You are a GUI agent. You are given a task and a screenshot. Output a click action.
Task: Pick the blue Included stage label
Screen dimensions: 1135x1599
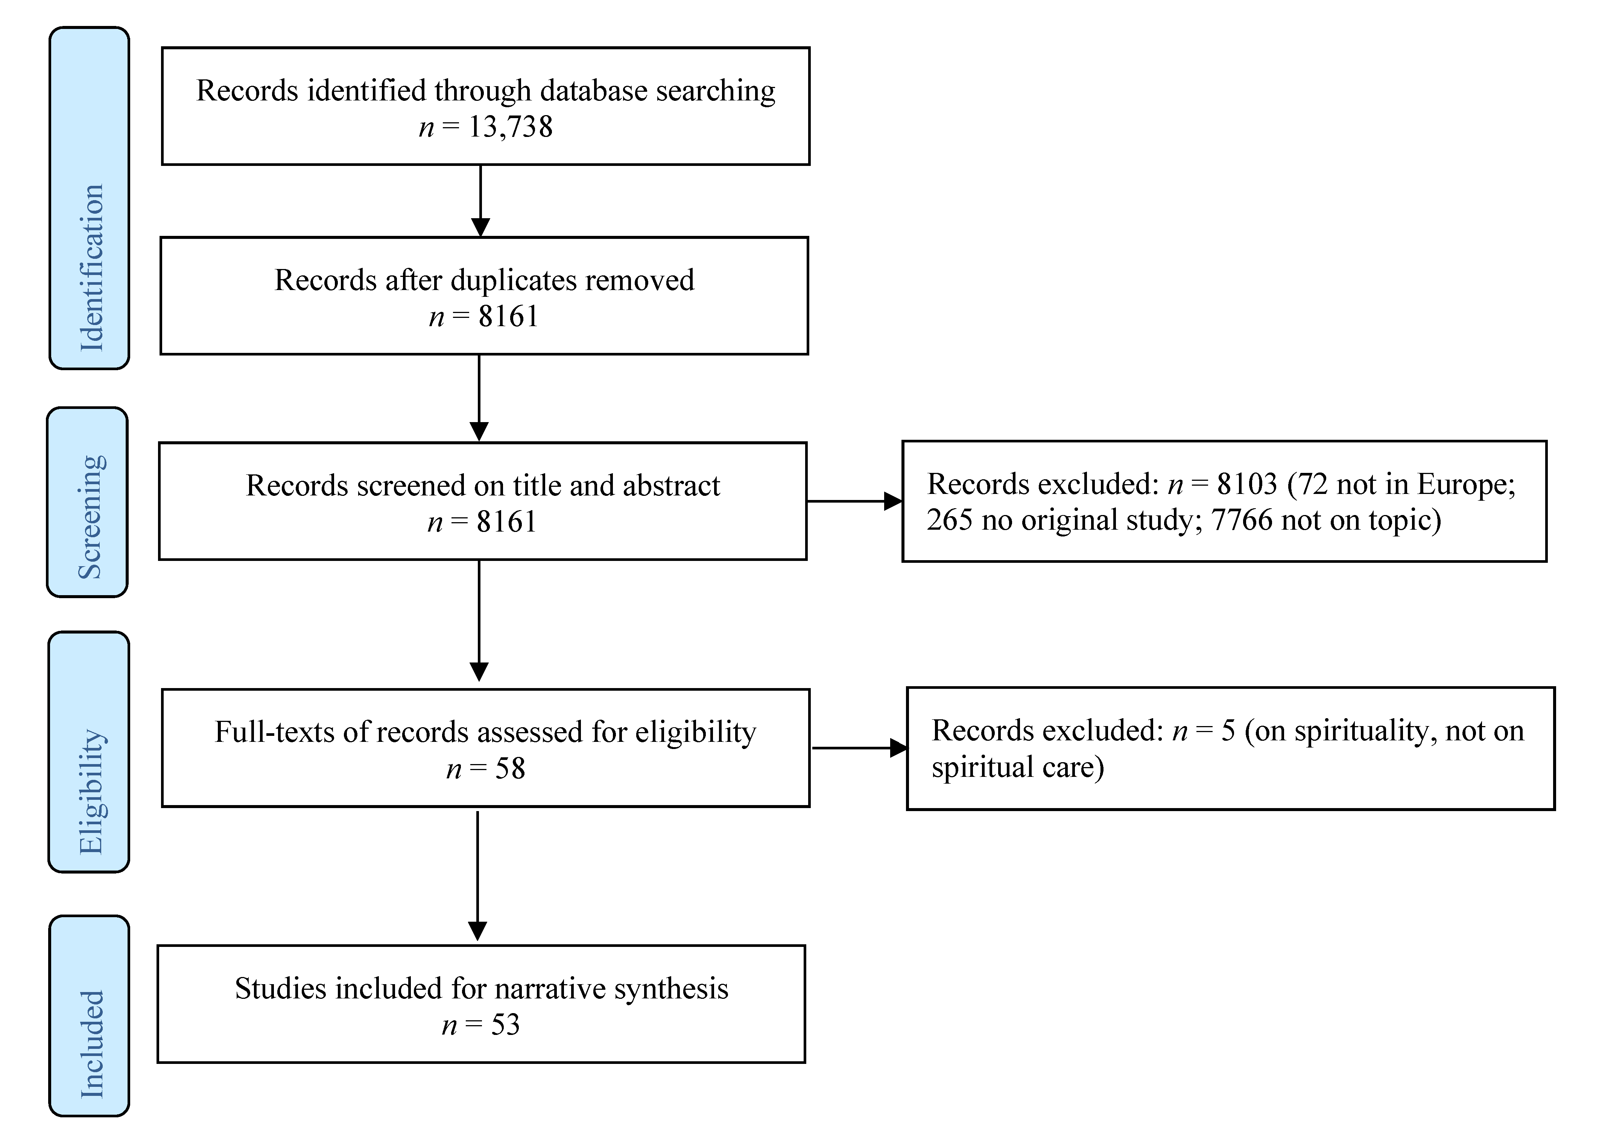tap(90, 1015)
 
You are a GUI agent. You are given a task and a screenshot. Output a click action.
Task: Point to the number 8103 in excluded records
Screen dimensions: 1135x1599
tap(1247, 484)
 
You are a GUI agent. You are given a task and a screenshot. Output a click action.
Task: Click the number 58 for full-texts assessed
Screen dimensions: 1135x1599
tap(510, 769)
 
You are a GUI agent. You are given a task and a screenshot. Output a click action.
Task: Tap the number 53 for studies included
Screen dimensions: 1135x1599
tap(505, 1025)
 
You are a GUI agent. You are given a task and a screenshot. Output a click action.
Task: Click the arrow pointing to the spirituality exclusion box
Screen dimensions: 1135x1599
tap(860, 748)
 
